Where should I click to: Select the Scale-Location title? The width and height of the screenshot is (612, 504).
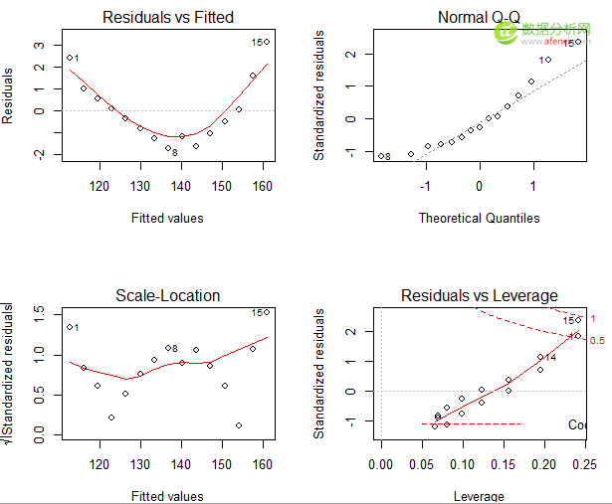(167, 295)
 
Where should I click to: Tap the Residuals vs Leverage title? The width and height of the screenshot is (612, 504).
(479, 295)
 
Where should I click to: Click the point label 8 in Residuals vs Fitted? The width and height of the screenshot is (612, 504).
(174, 152)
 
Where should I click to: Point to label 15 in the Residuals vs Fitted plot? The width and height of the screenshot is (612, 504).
(257, 43)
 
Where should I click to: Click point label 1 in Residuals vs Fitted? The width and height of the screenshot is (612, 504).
(76, 59)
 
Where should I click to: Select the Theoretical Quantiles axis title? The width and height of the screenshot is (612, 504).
(479, 218)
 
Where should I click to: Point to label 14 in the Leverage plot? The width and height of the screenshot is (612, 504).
(550, 357)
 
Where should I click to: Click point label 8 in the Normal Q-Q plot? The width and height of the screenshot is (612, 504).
(387, 156)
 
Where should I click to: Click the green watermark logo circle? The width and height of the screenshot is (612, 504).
(506, 32)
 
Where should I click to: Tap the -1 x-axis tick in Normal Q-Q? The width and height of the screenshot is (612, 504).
(426, 186)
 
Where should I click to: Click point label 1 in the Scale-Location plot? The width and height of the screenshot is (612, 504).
(76, 328)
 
